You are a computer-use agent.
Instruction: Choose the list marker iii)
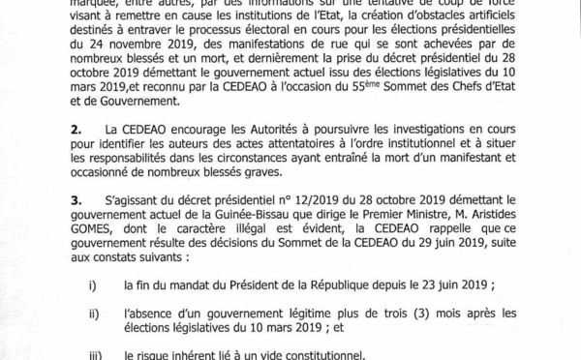pos(94,354)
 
